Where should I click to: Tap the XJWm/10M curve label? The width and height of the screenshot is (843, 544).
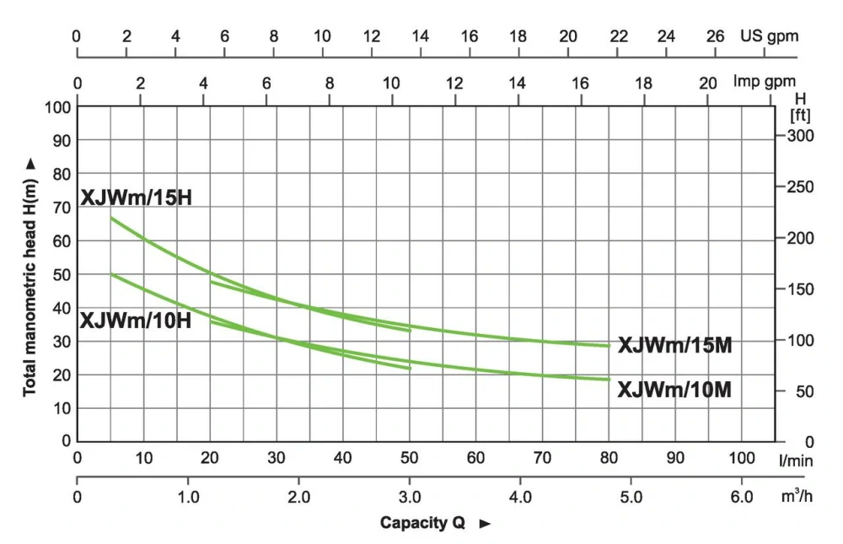(x=674, y=390)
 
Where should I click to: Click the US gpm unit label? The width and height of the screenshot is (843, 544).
(x=769, y=36)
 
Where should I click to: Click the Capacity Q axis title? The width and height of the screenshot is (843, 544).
(x=421, y=523)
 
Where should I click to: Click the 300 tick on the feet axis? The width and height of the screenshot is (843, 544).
(x=800, y=137)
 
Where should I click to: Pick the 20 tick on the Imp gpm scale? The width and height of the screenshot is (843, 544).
(x=708, y=83)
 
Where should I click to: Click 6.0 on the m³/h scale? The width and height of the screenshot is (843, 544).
(x=742, y=497)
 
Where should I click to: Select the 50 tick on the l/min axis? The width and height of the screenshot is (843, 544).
(x=410, y=459)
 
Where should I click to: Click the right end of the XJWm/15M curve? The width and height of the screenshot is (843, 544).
(x=609, y=346)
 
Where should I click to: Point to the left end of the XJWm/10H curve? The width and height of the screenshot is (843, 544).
(x=111, y=274)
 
